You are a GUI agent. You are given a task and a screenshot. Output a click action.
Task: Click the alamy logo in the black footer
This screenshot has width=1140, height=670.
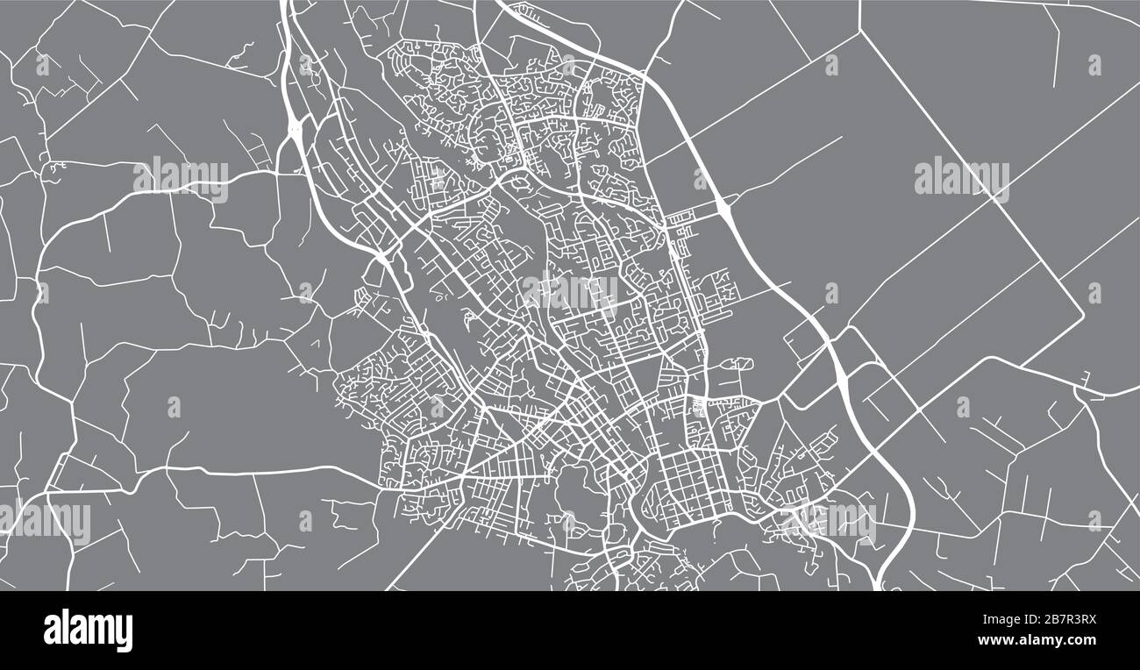point(88,630)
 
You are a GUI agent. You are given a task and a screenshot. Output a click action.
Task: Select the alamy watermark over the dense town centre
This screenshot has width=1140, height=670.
point(570,292)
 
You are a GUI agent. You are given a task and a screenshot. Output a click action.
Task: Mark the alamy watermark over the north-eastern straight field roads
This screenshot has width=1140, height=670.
point(961,178)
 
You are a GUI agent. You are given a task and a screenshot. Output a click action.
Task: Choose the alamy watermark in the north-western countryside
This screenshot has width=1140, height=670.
point(181,178)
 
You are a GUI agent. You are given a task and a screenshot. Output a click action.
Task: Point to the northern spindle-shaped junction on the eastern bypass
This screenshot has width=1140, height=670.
point(725,207)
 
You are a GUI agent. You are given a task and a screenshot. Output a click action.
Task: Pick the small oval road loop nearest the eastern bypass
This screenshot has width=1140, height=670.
point(738,363)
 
